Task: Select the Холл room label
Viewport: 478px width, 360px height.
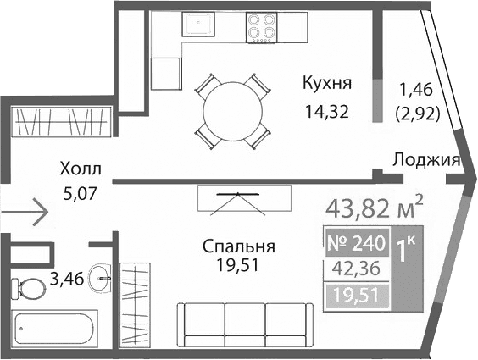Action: (x=81, y=168)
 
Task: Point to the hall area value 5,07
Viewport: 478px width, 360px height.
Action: (x=81, y=191)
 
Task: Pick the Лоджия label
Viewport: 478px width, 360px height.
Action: (x=426, y=159)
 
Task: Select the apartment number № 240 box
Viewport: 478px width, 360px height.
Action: (x=355, y=244)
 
